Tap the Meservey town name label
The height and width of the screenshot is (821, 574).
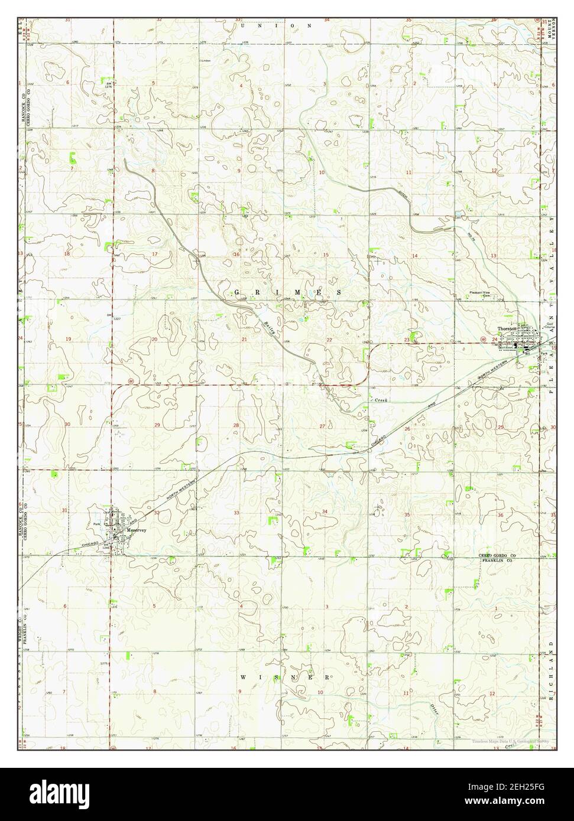pos(136,530)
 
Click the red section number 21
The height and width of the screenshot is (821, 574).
pos(244,340)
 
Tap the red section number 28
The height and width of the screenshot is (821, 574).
pos(236,425)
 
